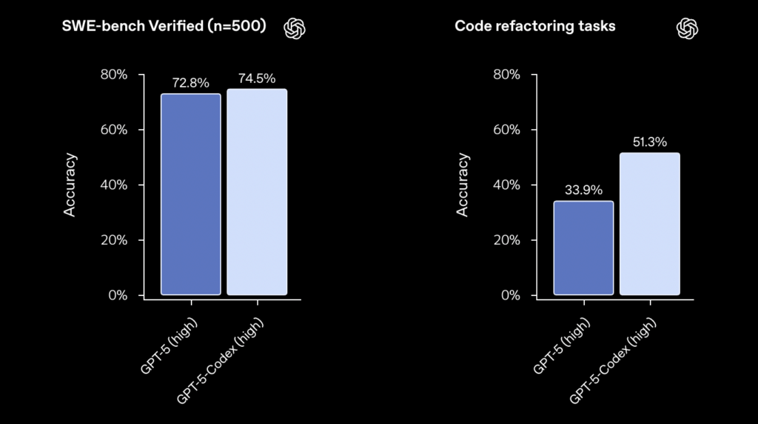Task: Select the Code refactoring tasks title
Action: (534, 27)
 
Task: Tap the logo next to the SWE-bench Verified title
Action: (295, 28)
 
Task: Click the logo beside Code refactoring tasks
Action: (688, 28)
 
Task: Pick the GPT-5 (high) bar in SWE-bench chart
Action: (191, 194)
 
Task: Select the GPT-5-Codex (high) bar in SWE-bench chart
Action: (257, 192)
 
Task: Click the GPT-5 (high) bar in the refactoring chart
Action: (584, 248)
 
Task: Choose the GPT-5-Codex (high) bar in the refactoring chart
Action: (650, 224)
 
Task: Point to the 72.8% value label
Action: (191, 83)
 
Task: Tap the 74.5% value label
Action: (257, 79)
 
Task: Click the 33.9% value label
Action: (584, 190)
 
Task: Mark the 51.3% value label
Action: (650, 142)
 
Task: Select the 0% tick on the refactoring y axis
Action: (510, 295)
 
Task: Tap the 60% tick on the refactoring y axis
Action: (506, 130)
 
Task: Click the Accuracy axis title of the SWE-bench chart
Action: (70, 185)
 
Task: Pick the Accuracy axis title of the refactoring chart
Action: (463, 185)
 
